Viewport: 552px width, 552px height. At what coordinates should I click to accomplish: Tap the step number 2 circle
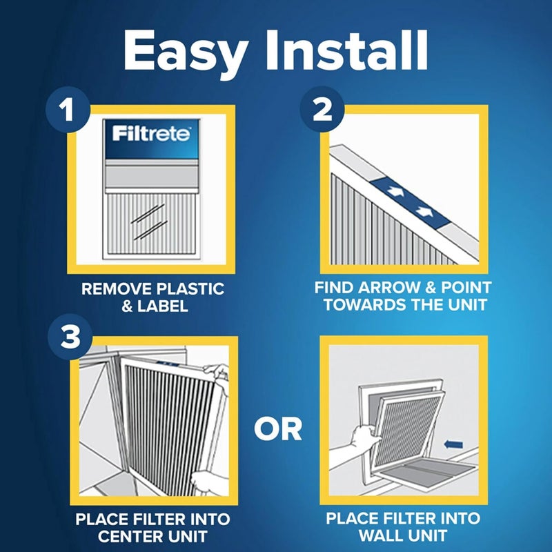[322, 110]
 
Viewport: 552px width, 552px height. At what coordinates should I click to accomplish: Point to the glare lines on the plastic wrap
[148, 224]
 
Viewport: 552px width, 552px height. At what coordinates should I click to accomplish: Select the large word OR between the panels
[277, 428]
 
